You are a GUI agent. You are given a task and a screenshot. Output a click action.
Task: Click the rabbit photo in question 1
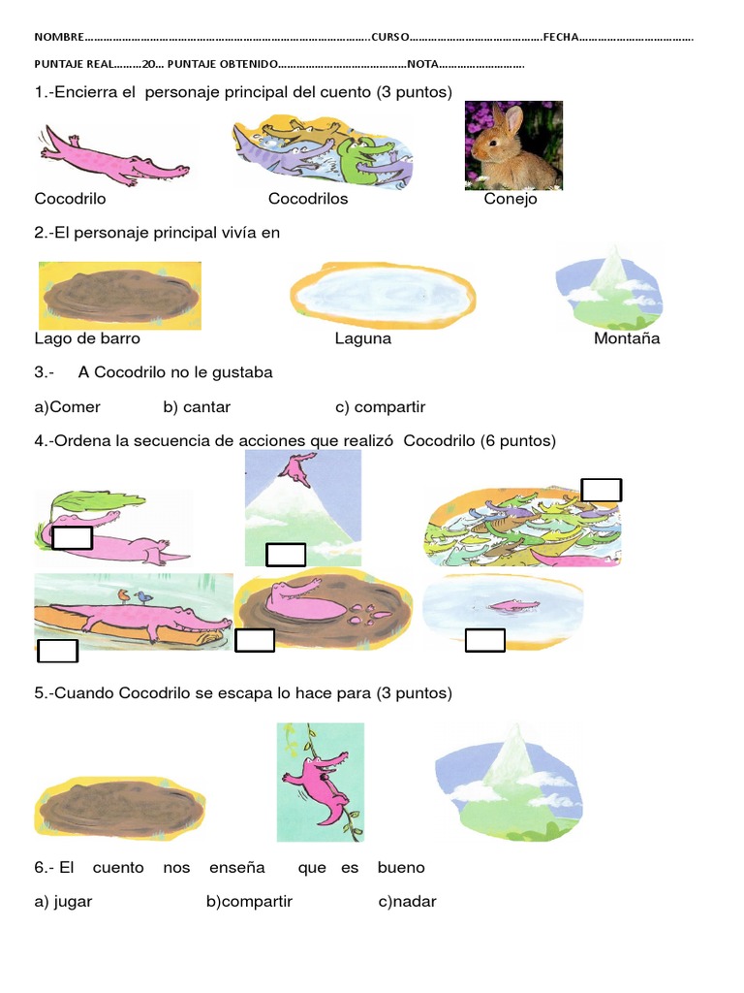tap(513, 145)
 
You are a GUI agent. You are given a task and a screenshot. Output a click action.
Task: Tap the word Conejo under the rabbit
tap(511, 199)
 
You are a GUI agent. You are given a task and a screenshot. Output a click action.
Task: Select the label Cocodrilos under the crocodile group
tap(308, 199)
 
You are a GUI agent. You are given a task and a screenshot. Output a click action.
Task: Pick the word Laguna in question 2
tap(363, 338)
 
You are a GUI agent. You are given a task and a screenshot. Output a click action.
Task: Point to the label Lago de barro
tap(87, 338)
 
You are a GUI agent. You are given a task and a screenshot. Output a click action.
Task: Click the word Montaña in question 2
tap(627, 338)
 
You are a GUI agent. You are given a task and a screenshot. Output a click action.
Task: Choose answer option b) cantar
tap(197, 407)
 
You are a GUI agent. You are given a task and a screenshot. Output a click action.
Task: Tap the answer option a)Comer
tap(68, 407)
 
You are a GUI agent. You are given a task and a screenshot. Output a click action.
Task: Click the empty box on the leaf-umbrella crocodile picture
tap(72, 537)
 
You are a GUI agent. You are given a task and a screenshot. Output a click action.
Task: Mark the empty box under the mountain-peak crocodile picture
tap(286, 555)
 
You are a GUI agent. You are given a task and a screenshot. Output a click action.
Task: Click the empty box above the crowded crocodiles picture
tap(601, 490)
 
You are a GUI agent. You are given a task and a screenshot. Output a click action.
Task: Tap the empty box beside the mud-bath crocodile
tap(255, 640)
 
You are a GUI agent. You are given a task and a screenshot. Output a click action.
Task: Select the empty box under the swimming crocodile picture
tap(485, 640)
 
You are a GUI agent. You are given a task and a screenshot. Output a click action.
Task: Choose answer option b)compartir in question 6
tap(249, 902)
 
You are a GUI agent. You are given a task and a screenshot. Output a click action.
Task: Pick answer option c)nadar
tap(407, 902)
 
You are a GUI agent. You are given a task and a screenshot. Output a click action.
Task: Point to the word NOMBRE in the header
tap(59, 37)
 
